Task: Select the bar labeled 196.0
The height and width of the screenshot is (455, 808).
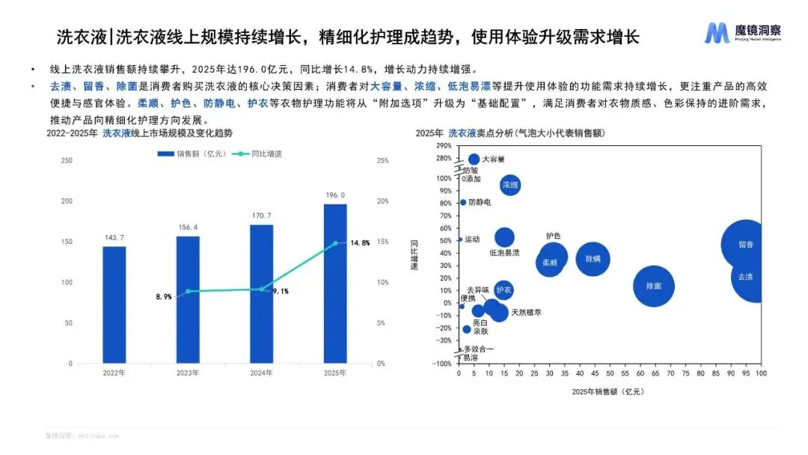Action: pos(334,284)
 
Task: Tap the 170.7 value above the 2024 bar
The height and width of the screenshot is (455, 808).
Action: pos(261,216)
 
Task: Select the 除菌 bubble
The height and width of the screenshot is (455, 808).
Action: pos(653,285)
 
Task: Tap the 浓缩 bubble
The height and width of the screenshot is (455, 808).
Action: pos(510,184)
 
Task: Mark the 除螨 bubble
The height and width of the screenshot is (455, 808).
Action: pos(593,259)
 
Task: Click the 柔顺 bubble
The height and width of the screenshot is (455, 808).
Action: pos(550,263)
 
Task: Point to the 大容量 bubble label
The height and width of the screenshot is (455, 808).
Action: pos(493,159)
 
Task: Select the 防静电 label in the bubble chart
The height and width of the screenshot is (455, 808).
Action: pos(480,202)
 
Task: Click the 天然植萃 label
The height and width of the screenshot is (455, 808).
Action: pos(526,312)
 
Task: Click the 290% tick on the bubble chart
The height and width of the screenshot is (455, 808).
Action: pos(443,146)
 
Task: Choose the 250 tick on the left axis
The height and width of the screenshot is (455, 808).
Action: pos(67,160)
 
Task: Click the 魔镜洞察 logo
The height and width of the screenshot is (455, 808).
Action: pos(743,33)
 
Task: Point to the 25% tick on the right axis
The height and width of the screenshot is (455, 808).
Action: pos(382,160)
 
